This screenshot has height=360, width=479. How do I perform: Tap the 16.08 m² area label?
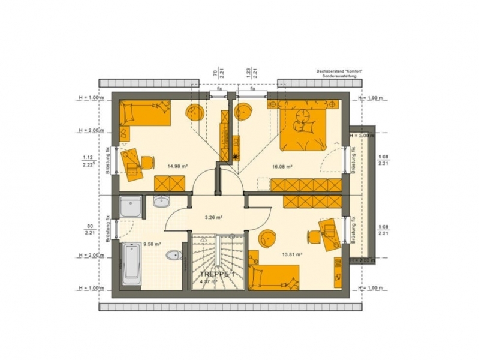click(x=282, y=166)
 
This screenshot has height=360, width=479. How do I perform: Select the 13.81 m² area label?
click(x=291, y=254)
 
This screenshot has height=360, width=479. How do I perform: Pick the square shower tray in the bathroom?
click(x=130, y=208)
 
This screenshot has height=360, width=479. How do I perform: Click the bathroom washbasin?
click(x=162, y=202)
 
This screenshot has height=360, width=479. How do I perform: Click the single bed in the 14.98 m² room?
click(x=146, y=113)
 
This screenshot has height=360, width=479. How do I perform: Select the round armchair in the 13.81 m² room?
click(x=266, y=239)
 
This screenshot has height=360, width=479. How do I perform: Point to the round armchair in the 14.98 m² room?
click(x=195, y=113)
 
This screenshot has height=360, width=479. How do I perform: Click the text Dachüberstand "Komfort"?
click(x=339, y=71)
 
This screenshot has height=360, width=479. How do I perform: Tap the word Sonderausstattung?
click(x=339, y=77)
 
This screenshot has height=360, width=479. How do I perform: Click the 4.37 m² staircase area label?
click(x=209, y=281)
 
